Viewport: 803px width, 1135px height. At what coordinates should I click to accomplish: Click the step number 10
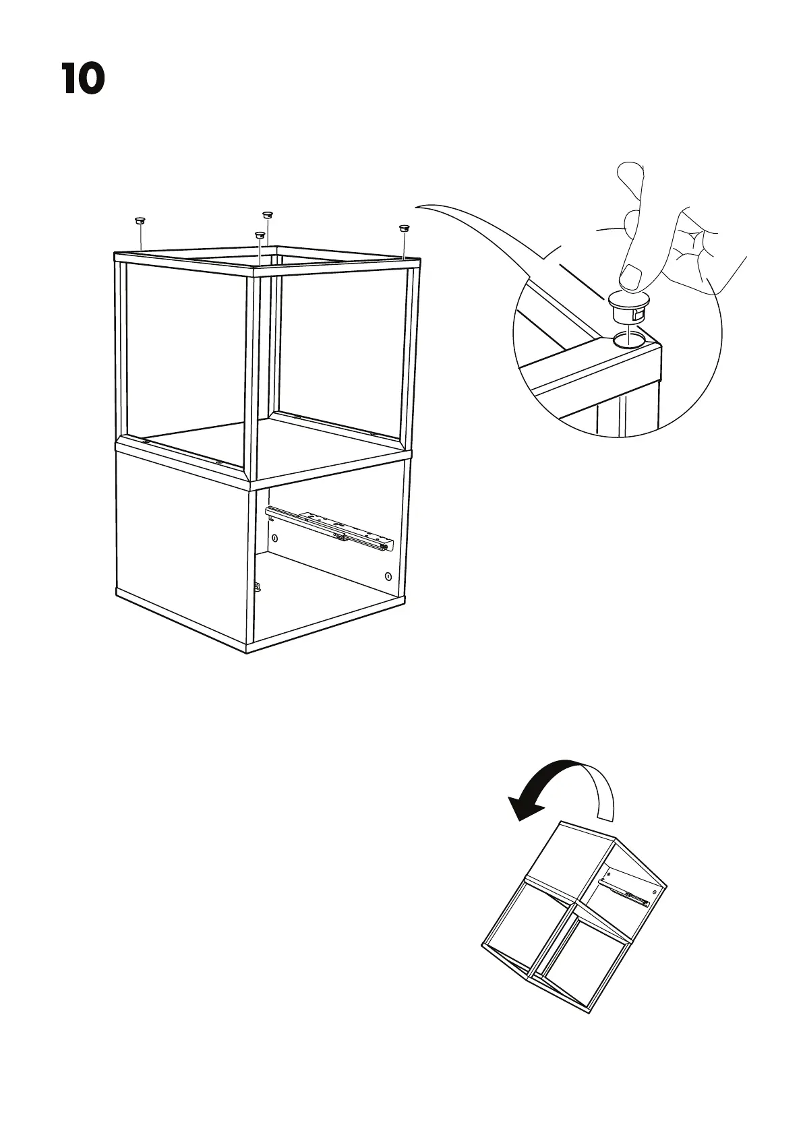coord(83,78)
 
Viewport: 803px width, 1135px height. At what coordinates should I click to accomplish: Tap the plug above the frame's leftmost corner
coord(140,220)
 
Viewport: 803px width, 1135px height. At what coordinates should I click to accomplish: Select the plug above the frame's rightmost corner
coord(405,229)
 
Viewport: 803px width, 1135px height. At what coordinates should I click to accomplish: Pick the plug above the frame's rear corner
coord(268,214)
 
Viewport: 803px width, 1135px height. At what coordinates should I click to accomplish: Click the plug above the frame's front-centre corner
coord(259,236)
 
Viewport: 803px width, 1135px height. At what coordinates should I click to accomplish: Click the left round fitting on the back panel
coord(275,539)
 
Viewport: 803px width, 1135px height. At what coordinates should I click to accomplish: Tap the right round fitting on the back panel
coord(388,576)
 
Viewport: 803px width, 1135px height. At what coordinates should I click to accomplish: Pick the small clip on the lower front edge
coord(258,586)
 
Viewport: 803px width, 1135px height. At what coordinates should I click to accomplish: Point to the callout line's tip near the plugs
coord(416,206)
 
